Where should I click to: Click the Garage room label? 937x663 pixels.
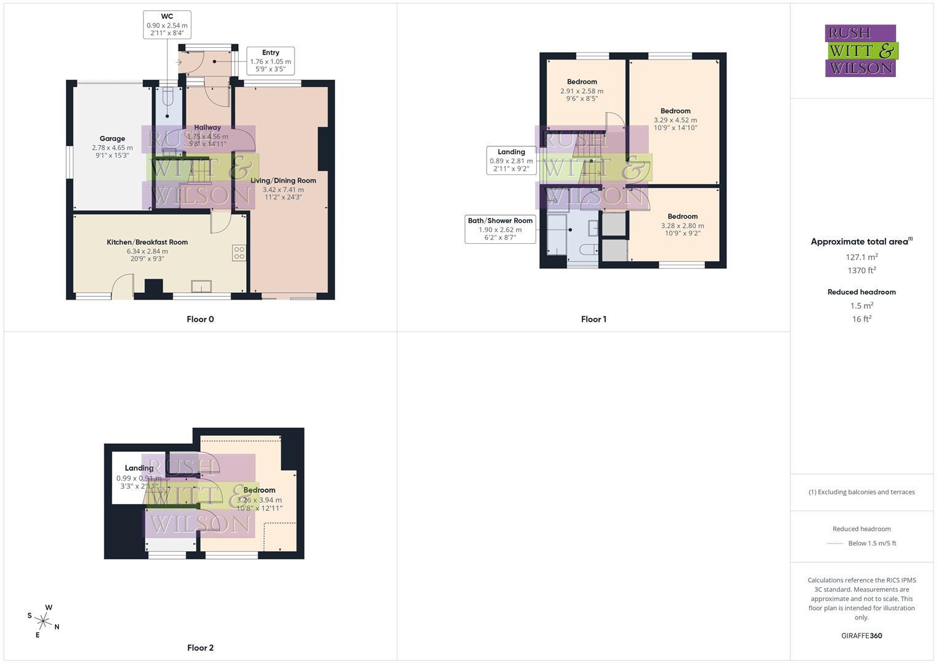pyautogui.click(x=112, y=139)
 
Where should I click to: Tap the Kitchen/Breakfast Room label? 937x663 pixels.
pyautogui.click(x=147, y=242)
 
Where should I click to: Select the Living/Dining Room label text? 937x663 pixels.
pyautogui.click(x=283, y=180)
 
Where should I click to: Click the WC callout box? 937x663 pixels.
pyautogui.click(x=167, y=25)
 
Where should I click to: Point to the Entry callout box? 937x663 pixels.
pyautogui.click(x=271, y=61)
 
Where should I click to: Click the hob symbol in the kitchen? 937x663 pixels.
pyautogui.click(x=239, y=253)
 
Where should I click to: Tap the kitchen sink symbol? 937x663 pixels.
pyautogui.click(x=201, y=286)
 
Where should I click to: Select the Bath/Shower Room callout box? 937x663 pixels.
pyautogui.click(x=500, y=229)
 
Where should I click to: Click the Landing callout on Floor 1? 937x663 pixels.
pyautogui.click(x=511, y=160)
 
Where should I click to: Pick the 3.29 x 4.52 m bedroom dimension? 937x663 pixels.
pyautogui.click(x=675, y=120)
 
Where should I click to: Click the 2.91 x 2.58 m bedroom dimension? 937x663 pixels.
pyautogui.click(x=582, y=91)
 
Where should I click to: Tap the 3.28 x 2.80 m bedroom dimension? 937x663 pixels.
pyautogui.click(x=682, y=226)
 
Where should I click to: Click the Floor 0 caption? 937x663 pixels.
pyautogui.click(x=200, y=319)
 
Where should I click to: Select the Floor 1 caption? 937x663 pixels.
pyautogui.click(x=593, y=319)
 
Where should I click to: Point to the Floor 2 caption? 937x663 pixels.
pyautogui.click(x=200, y=648)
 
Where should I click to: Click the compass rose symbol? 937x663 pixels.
pyautogui.click(x=44, y=620)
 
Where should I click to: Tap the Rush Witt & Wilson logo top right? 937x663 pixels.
pyautogui.click(x=861, y=50)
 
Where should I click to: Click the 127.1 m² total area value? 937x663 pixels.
pyautogui.click(x=862, y=257)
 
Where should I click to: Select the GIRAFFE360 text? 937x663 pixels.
pyautogui.click(x=862, y=635)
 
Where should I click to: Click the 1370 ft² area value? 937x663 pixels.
pyautogui.click(x=862, y=270)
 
